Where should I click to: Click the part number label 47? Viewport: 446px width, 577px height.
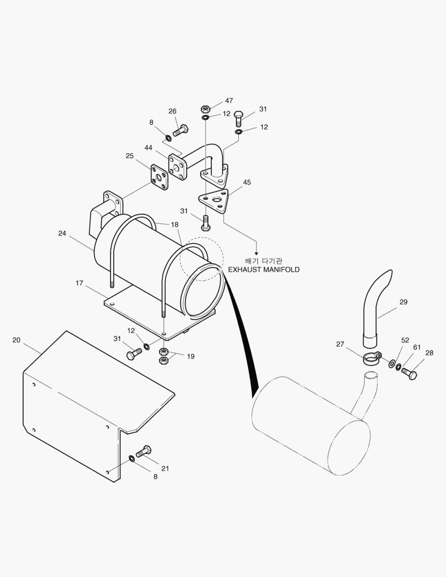229,100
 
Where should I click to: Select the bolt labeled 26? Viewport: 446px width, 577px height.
182,129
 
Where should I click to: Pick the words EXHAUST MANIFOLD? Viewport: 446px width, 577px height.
263,270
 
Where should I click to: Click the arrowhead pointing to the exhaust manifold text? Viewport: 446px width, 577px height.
256,252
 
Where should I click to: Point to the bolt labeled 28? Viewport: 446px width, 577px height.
409,373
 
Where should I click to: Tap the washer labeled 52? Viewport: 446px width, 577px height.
393,364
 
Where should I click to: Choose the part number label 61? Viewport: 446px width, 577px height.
417,347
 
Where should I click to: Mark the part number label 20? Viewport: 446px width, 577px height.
17,340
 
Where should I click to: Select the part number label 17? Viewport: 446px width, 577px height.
79,283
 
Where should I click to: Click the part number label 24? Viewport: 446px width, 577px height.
62,233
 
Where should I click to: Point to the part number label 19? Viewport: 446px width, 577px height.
190,356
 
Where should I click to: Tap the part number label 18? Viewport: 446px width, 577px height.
175,225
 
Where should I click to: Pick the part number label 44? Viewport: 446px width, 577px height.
148,147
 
